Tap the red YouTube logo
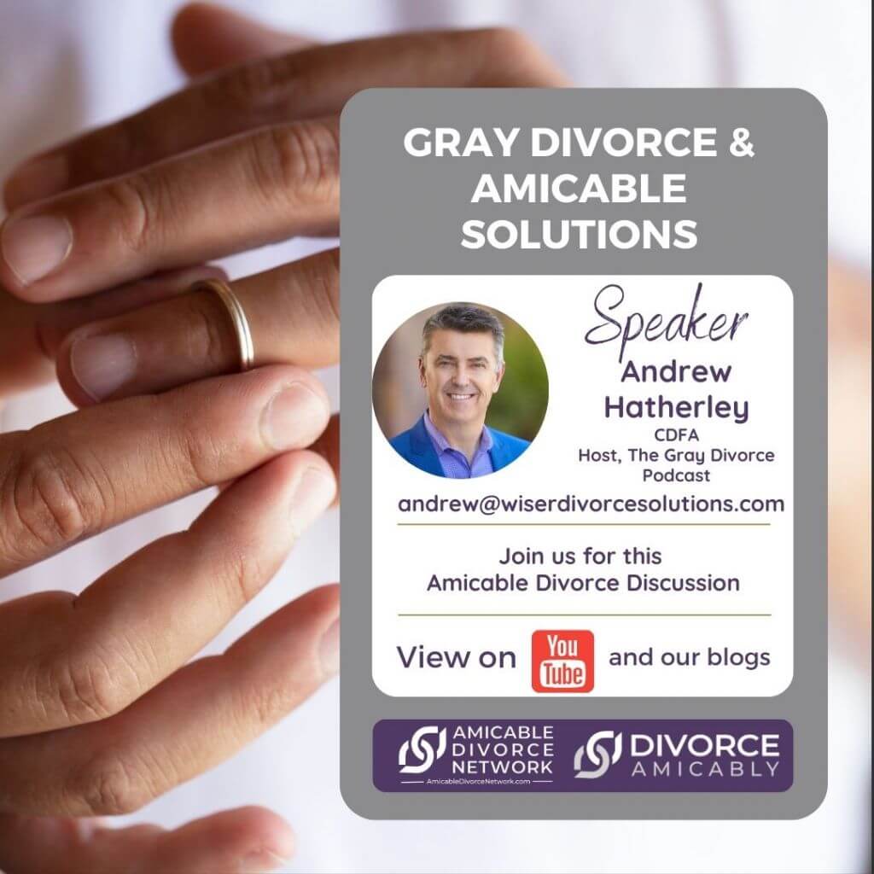pos(562,661)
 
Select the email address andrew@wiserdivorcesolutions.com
pos(591,504)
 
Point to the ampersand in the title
pos(741,143)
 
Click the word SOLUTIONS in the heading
pos(579,234)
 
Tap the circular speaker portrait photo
pos(460,390)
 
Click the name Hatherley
pos(676,408)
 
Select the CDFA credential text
pos(676,434)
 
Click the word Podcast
pos(676,475)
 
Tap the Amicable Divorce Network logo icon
pos(422,749)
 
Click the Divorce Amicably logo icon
pos(597,755)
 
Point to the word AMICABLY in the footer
pos(705,770)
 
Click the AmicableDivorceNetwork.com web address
pos(478,782)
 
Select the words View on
pos(456,658)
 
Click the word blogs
pos(738,658)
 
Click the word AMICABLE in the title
pos(579,188)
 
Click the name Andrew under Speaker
pos(676,372)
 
